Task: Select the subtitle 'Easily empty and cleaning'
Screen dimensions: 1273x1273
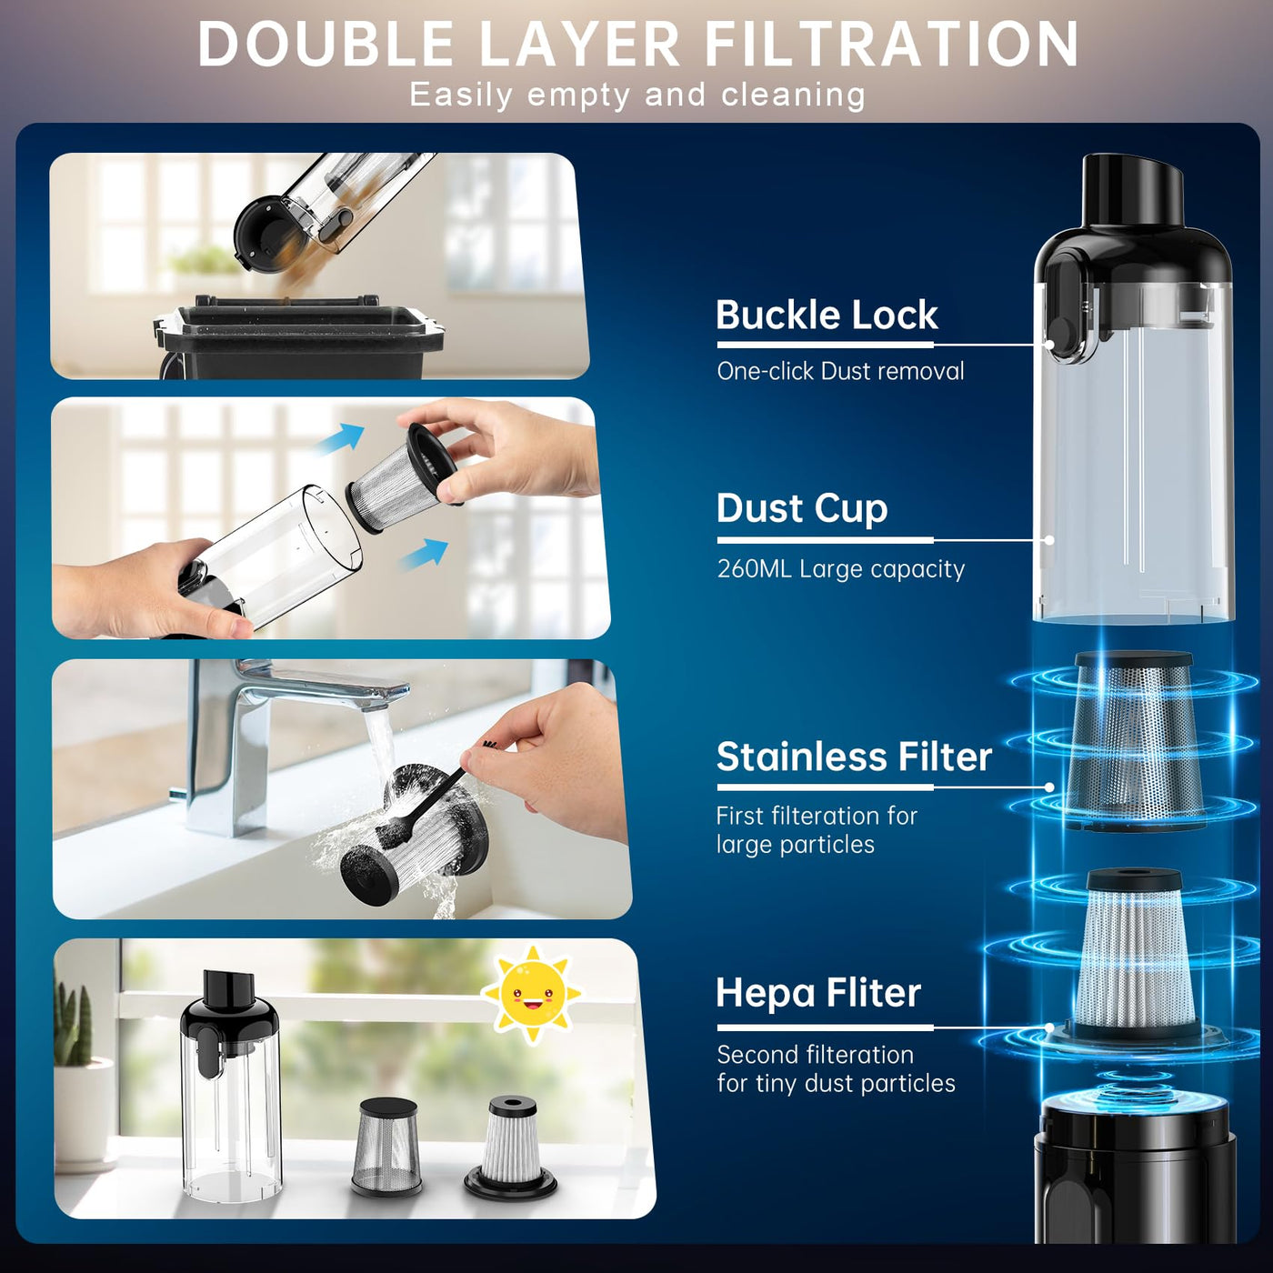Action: (x=637, y=95)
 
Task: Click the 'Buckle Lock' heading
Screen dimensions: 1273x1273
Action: (x=827, y=315)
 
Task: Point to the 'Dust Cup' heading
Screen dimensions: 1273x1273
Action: (x=802, y=509)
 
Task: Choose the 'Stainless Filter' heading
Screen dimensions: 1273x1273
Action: (x=854, y=757)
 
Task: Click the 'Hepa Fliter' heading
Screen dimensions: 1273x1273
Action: (x=818, y=993)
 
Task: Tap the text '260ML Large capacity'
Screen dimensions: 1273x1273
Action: (x=841, y=569)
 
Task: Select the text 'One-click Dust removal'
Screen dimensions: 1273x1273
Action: (x=840, y=371)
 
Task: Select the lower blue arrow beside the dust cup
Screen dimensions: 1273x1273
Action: (x=425, y=554)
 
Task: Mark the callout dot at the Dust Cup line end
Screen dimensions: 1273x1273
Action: (x=1049, y=540)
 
